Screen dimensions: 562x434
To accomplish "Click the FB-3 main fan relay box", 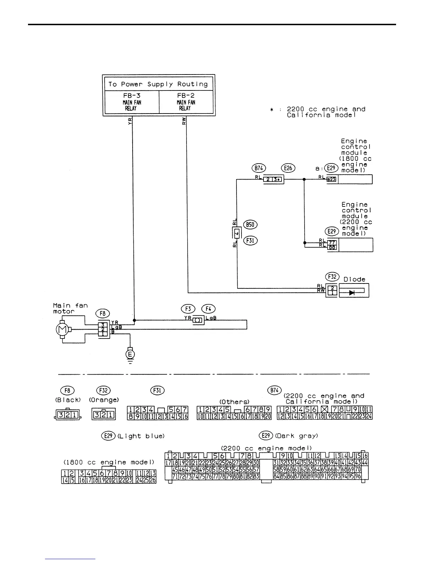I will pos(132,102).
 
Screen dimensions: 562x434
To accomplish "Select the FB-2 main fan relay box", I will pos(186,102).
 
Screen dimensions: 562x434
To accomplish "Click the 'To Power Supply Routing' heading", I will pos(158,84).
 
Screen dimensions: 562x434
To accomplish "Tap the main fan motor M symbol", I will pos(62,330).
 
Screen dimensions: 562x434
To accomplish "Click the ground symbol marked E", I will pos(130,354).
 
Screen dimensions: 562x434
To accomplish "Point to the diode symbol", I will pos(352,293).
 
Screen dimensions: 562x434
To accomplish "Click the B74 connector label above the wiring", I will pos(259,168).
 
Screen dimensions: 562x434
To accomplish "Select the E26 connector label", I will pos(288,168).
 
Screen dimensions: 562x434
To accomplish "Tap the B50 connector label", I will pos(250,225).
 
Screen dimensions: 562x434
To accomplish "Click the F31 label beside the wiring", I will pos(250,241).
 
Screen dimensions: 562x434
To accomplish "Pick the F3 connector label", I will pos(188,309).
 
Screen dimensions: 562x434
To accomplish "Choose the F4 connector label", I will pos(208,309).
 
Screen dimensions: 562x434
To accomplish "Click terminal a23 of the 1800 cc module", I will pos(331,180).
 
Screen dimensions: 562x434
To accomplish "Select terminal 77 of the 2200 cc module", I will pos(333,243).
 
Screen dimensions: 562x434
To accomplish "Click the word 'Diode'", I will pos(354,279).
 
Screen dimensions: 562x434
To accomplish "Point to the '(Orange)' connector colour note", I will pos(104,400).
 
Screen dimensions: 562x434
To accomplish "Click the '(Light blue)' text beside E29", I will pos(141,436).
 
